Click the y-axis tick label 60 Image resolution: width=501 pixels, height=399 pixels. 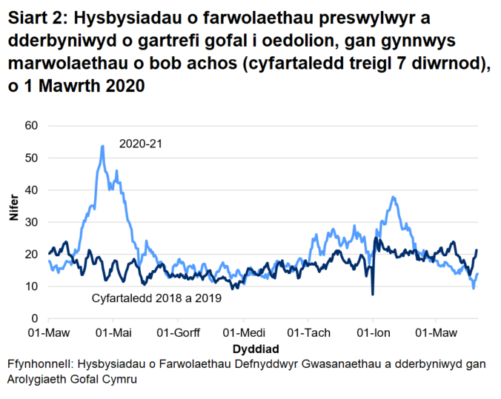tap(32, 126)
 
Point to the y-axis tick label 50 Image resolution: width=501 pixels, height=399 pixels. tap(32, 158)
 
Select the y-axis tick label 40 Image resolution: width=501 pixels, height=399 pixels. tap(32, 190)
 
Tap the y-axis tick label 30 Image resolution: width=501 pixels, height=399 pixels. tap(32, 222)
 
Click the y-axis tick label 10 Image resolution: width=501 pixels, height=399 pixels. tap(32, 286)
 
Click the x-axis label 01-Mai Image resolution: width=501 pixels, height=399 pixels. tap(114, 332)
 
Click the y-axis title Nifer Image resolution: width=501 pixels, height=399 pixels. tap(13, 222)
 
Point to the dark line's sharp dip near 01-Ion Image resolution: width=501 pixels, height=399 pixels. tap(373, 294)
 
